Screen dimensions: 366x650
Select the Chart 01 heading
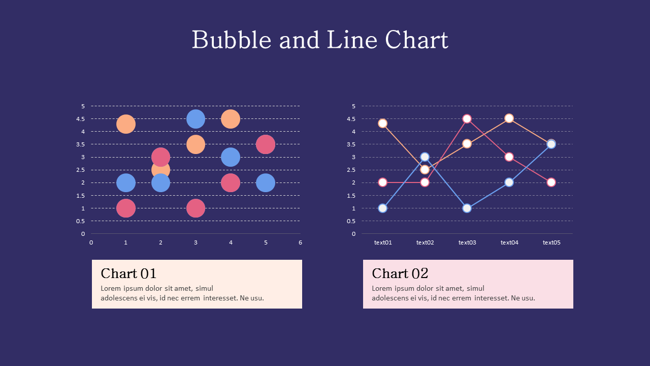(128, 273)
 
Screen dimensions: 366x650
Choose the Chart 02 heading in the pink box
(400, 273)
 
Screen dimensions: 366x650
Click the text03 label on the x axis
(467, 242)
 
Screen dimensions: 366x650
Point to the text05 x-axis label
(551, 242)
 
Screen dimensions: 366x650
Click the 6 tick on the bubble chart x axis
(300, 242)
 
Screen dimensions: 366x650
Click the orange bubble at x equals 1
(126, 124)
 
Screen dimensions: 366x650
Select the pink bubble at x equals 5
(266, 144)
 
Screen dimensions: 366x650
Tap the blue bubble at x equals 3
(196, 119)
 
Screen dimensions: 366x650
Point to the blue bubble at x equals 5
(266, 182)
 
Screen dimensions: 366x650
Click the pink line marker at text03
(467, 119)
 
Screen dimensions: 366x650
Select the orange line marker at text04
(509, 118)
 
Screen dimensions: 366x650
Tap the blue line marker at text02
(425, 157)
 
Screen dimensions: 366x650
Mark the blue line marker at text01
(383, 208)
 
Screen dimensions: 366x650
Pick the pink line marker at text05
(551, 182)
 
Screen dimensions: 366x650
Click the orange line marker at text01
(383, 124)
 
